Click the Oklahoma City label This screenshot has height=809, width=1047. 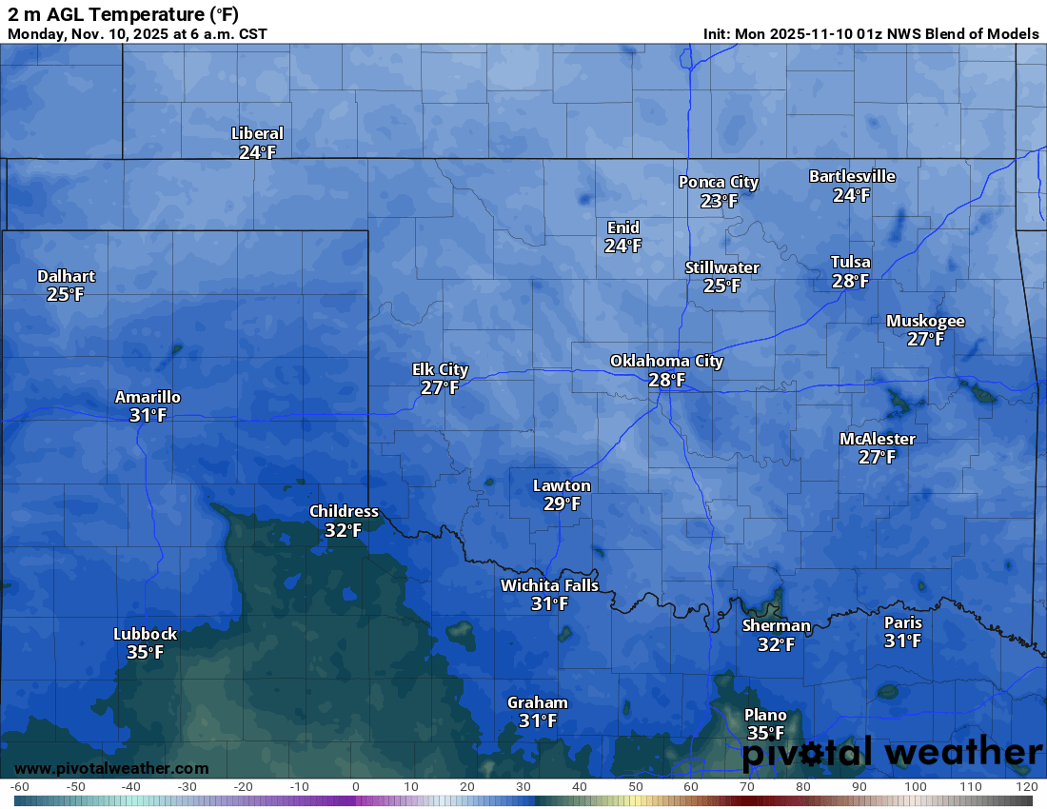pos(666,362)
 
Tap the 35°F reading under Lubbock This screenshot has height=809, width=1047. pos(145,653)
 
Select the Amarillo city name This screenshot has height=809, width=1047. pos(148,397)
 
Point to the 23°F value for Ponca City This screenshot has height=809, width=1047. pos(719,201)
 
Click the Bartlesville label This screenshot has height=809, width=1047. pos(852,176)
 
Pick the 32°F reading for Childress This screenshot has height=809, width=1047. pos(344,531)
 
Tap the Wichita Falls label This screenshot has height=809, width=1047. pos(550,585)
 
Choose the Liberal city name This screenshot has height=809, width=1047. pos(257,134)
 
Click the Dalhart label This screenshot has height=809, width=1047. pos(66,276)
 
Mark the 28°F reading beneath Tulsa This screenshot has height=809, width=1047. pos(850,281)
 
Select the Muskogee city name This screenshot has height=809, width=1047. pos(925,321)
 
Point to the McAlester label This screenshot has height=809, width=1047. pos(877,439)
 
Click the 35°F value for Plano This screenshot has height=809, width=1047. pos(765,734)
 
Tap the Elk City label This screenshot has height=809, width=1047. pos(440,369)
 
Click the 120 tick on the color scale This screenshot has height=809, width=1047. pos(1025,787)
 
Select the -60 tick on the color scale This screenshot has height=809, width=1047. pos(19,787)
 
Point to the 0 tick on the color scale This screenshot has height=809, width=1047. pos(355,787)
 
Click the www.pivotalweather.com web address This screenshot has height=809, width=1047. pos(111,768)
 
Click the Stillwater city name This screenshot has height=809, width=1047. pos(722,267)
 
